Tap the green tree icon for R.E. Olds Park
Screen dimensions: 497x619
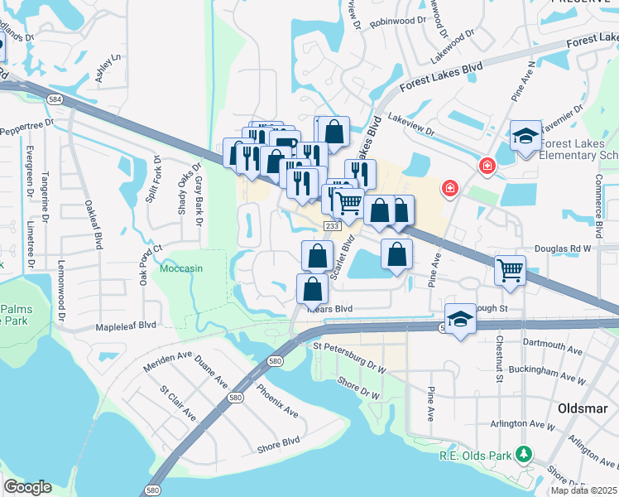pos(523,454)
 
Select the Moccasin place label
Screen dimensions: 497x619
pos(181,269)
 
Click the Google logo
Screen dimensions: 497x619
pos(27,487)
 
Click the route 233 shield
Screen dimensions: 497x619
pos(333,225)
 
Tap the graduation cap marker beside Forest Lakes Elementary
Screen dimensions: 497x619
pos(525,136)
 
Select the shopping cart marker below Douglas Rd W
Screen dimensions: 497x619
pos(510,269)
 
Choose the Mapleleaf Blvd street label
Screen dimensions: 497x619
pos(126,326)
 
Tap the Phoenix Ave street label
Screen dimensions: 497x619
pos(276,399)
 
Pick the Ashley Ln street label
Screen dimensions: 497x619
pos(108,63)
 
